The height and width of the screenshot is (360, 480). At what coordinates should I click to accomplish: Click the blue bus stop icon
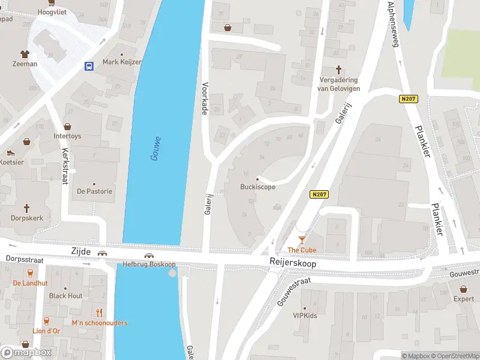click(x=89, y=66)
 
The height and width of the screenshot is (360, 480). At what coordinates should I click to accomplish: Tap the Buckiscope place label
click(x=258, y=187)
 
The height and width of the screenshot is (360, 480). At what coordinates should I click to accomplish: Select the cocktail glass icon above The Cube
click(x=302, y=239)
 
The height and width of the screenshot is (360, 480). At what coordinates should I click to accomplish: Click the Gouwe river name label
click(x=155, y=148)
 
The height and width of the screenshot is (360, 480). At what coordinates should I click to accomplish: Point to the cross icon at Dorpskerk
click(x=26, y=208)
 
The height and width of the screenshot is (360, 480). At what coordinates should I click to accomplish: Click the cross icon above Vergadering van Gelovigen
click(x=338, y=70)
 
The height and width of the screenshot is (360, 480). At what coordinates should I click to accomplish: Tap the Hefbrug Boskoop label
click(x=148, y=264)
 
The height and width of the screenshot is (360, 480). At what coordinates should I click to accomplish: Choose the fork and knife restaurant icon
click(x=100, y=313)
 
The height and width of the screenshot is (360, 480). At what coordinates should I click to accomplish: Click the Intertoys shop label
click(x=67, y=136)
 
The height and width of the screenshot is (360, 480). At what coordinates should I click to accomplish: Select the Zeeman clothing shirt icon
click(x=25, y=53)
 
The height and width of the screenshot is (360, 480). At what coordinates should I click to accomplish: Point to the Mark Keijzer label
click(x=122, y=62)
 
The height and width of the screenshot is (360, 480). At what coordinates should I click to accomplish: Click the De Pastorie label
click(x=94, y=191)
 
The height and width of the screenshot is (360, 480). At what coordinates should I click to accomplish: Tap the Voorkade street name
click(x=205, y=99)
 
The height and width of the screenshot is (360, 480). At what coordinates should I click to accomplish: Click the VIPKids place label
click(x=305, y=315)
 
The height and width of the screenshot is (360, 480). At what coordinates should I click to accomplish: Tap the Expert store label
click(x=463, y=299)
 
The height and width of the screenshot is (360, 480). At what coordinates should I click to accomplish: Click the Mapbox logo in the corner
click(x=26, y=352)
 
